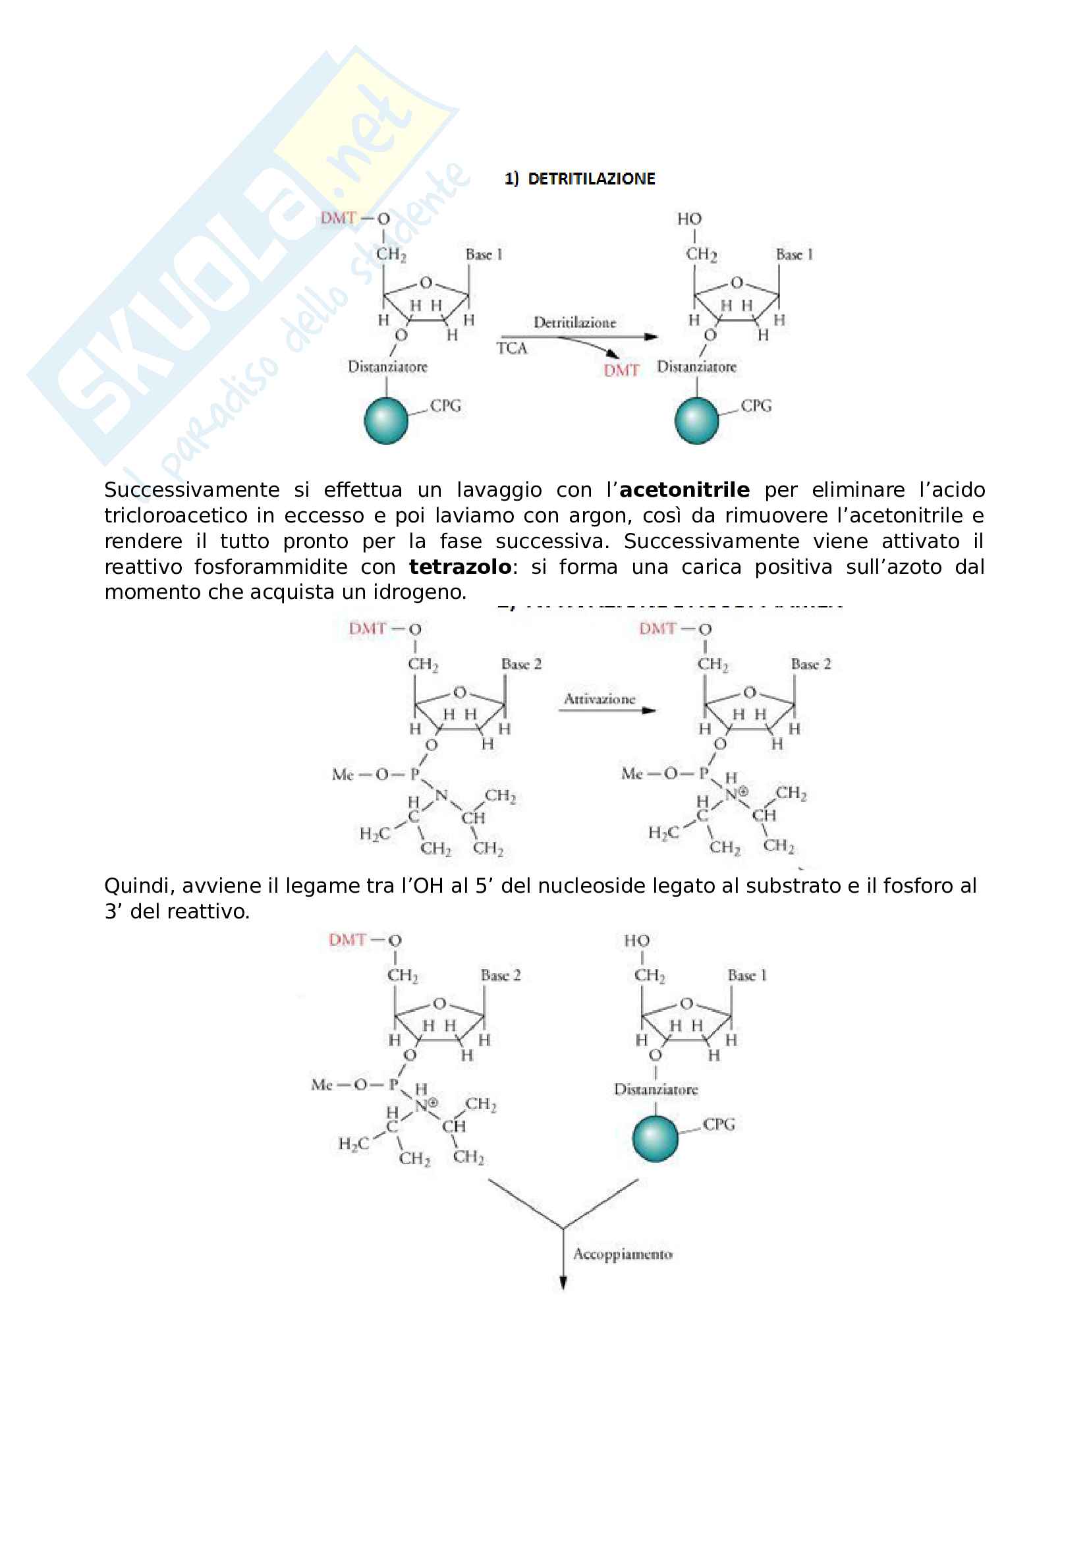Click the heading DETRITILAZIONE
click(590, 179)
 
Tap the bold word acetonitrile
click(684, 490)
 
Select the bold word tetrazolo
click(460, 567)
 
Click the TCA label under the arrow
click(512, 349)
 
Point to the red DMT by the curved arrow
click(621, 370)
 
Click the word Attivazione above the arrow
click(600, 700)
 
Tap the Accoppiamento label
click(622, 1254)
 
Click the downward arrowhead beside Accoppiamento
click(563, 1283)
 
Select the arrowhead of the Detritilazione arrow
click(650, 337)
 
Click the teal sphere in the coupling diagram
click(655, 1138)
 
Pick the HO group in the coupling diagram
click(636, 941)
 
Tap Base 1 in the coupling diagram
click(747, 976)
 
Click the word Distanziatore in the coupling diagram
click(656, 1089)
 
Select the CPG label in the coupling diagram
click(719, 1124)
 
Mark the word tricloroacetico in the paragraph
click(176, 515)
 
